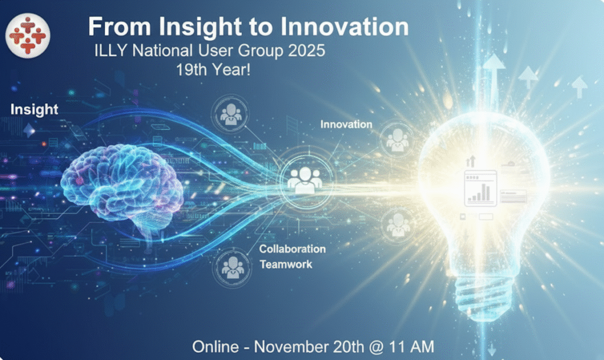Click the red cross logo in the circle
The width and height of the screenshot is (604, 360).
(x=28, y=35)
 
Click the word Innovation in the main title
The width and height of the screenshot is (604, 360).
(x=344, y=27)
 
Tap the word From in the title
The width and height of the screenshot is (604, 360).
(x=119, y=27)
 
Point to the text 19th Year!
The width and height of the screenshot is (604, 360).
(x=214, y=70)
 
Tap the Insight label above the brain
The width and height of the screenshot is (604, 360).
(x=34, y=109)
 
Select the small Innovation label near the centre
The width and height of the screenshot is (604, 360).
(x=346, y=124)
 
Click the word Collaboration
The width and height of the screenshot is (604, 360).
(x=293, y=249)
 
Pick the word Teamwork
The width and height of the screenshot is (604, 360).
(x=286, y=264)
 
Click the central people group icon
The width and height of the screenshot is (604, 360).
(x=305, y=179)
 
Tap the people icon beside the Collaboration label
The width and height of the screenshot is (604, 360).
(x=232, y=268)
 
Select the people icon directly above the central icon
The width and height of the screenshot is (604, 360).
(x=231, y=114)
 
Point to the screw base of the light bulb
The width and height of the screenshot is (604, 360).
(x=484, y=296)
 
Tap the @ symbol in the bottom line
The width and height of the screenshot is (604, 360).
(x=376, y=347)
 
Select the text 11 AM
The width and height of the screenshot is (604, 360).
(x=411, y=346)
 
